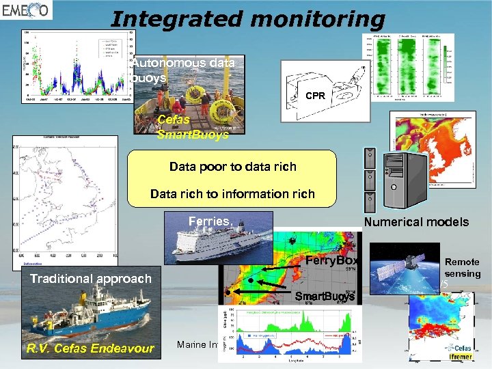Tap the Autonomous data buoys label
point(182,70)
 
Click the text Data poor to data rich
point(233,167)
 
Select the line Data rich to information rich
point(232,194)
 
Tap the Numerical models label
point(416,221)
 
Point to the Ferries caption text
point(210,221)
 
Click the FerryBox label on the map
point(331,261)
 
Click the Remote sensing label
point(463,268)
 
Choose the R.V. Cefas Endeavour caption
point(90,349)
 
